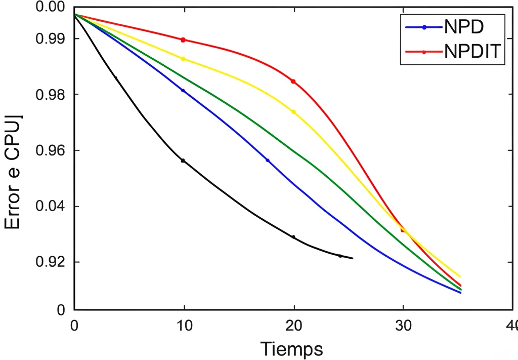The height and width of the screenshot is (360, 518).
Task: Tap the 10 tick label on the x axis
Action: pos(184,324)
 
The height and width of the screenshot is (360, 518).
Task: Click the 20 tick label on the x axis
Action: pos(293,324)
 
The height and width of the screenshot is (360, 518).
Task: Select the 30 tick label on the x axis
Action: pos(403,324)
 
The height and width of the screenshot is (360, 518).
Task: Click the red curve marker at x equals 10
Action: pos(183,40)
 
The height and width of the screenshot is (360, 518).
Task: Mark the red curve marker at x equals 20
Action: pos(293,82)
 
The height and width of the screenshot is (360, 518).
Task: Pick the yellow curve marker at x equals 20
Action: pos(293,112)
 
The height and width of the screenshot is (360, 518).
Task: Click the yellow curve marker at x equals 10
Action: pos(183,59)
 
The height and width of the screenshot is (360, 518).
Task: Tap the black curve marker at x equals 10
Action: pos(183,161)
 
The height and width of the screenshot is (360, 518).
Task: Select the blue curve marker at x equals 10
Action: pos(183,90)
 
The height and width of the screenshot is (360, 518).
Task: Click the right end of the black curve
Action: pos(352,259)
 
